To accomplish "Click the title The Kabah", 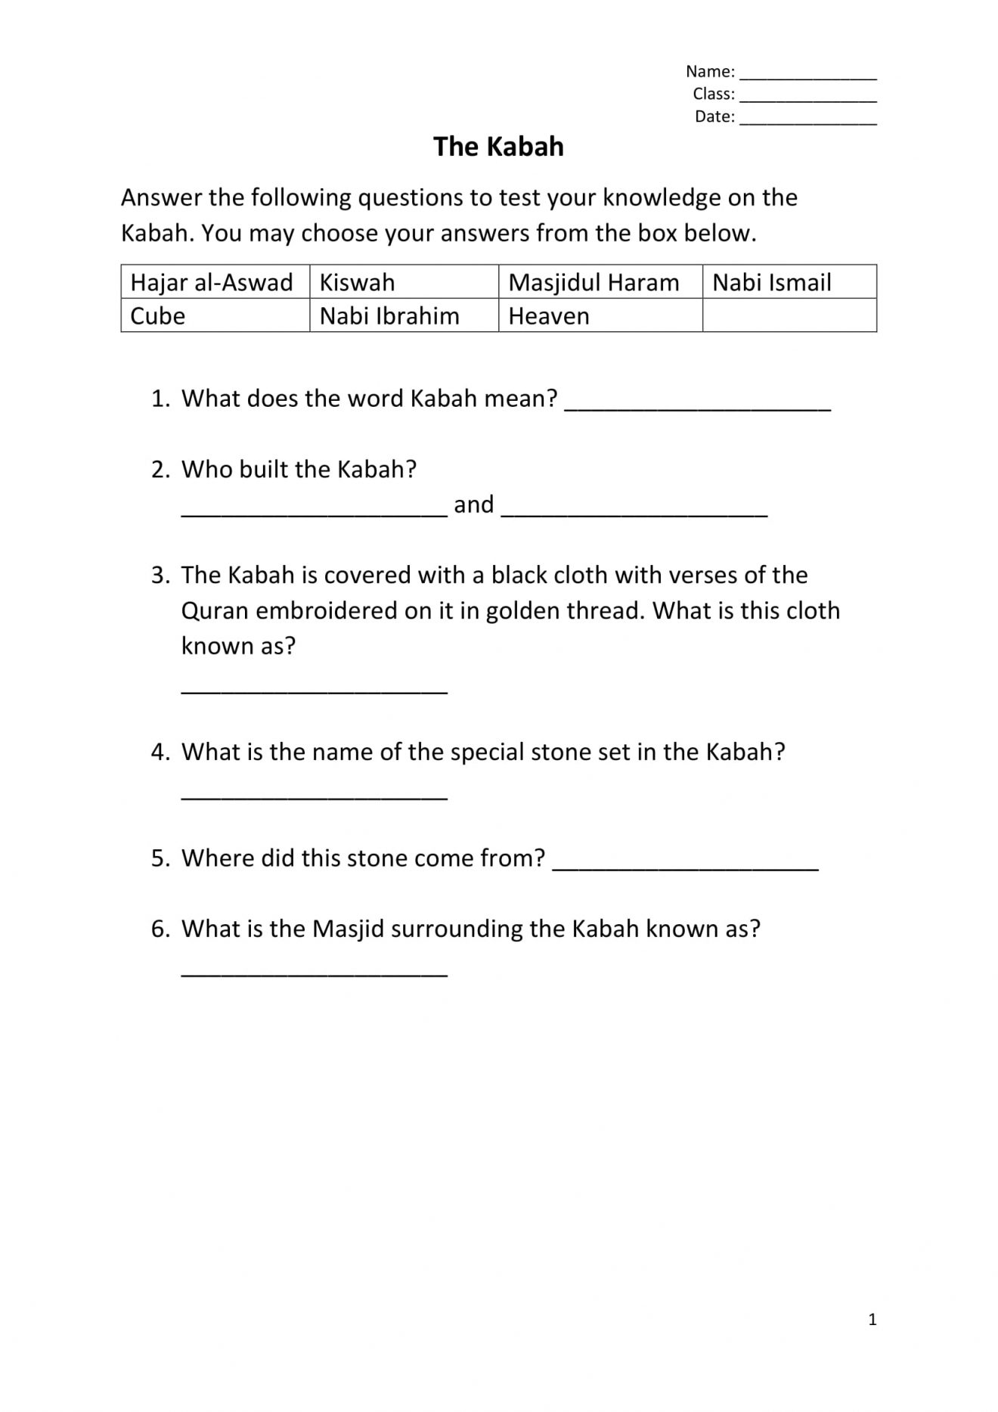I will [498, 147].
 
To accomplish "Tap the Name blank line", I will [807, 76].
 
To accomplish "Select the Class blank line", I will [807, 98].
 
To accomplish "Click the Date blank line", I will [807, 121].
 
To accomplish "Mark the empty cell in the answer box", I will [789, 315].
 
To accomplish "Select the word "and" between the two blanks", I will [474, 504].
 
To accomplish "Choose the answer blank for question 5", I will [685, 865].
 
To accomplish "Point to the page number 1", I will [872, 1320].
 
